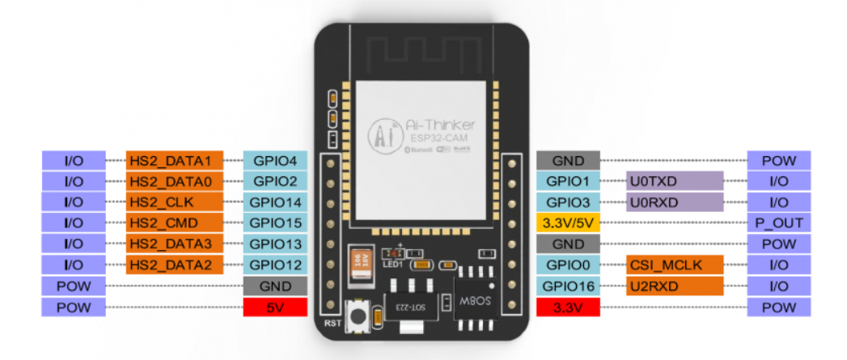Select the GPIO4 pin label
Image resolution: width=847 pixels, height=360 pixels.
point(275,160)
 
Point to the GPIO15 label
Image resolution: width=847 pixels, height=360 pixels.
point(275,222)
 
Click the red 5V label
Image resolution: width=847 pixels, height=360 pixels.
point(275,307)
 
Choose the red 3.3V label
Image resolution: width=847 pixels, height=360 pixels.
point(568,307)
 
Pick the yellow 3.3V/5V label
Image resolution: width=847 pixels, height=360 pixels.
point(568,222)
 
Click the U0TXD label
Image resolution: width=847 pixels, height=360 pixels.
point(674,180)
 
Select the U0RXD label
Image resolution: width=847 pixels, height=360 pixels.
point(674,201)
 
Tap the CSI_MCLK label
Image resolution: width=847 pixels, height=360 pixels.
point(674,265)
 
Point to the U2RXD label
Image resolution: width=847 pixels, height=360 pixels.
point(674,286)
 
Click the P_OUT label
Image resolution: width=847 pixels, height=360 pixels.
point(779,222)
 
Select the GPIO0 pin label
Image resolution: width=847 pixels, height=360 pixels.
point(568,265)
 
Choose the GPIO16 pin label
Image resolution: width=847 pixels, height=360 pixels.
point(568,286)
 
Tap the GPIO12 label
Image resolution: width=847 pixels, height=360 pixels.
point(275,265)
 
